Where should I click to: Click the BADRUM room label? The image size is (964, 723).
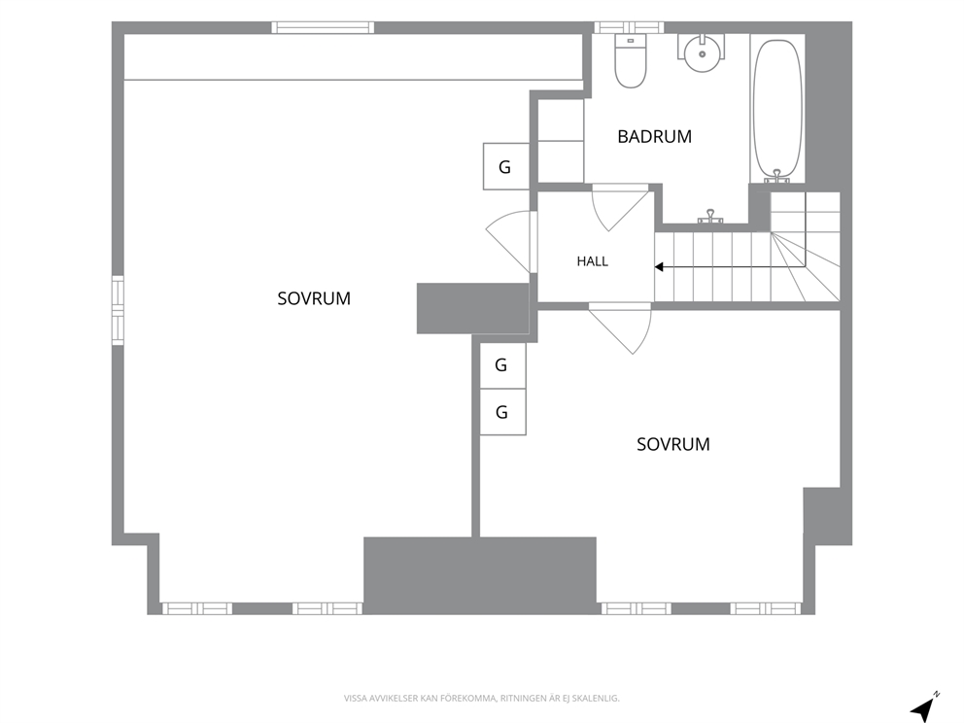(654, 136)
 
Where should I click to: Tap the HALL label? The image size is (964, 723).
(593, 261)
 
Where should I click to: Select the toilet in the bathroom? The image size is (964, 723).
(630, 60)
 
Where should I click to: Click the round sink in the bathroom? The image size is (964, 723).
(702, 53)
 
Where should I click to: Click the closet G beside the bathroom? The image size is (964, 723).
(506, 166)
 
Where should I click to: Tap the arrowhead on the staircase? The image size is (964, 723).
(659, 267)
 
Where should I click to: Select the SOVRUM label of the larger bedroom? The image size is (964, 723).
(314, 298)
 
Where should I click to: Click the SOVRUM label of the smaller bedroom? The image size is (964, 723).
(673, 444)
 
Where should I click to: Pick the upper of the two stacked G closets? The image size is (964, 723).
(502, 365)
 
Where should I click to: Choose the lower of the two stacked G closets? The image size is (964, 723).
(502, 412)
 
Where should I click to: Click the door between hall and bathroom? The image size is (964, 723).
(620, 207)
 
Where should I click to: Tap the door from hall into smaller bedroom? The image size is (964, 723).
(620, 327)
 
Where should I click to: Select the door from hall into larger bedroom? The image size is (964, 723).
(510, 241)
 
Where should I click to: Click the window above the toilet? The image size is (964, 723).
(629, 27)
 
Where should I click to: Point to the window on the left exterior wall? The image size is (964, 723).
(118, 310)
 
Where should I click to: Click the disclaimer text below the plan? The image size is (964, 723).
(481, 699)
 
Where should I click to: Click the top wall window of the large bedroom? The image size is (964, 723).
(323, 27)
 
